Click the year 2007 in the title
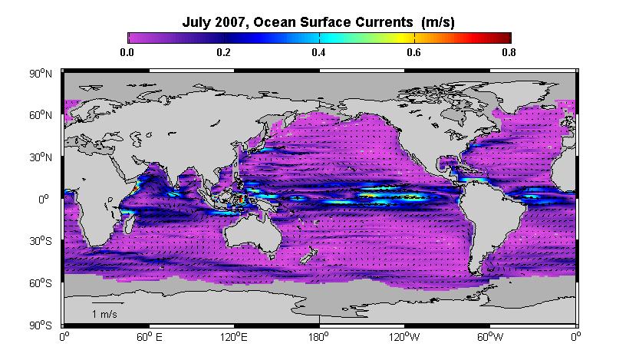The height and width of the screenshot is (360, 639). (230, 21)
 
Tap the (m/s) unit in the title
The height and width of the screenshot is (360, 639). (438, 22)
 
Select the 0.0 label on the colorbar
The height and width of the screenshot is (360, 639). (127, 52)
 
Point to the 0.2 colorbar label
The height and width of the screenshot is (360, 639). (223, 52)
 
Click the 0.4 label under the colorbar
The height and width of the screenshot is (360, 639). (318, 52)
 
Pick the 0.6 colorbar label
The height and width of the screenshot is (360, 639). (414, 52)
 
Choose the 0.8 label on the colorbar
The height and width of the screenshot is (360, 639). (509, 52)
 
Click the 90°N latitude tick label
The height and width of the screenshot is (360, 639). (41, 74)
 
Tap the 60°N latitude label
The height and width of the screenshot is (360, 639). (41, 115)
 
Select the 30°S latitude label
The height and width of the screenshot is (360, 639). (41, 241)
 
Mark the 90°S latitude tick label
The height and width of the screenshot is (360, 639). (41, 325)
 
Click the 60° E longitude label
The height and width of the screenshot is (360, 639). (149, 337)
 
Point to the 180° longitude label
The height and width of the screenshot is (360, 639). (318, 337)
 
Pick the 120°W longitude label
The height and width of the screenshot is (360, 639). (403, 337)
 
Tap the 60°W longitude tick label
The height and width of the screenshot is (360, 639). (489, 337)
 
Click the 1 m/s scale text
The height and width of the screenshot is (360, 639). (104, 315)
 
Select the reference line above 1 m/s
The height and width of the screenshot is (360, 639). (107, 303)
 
